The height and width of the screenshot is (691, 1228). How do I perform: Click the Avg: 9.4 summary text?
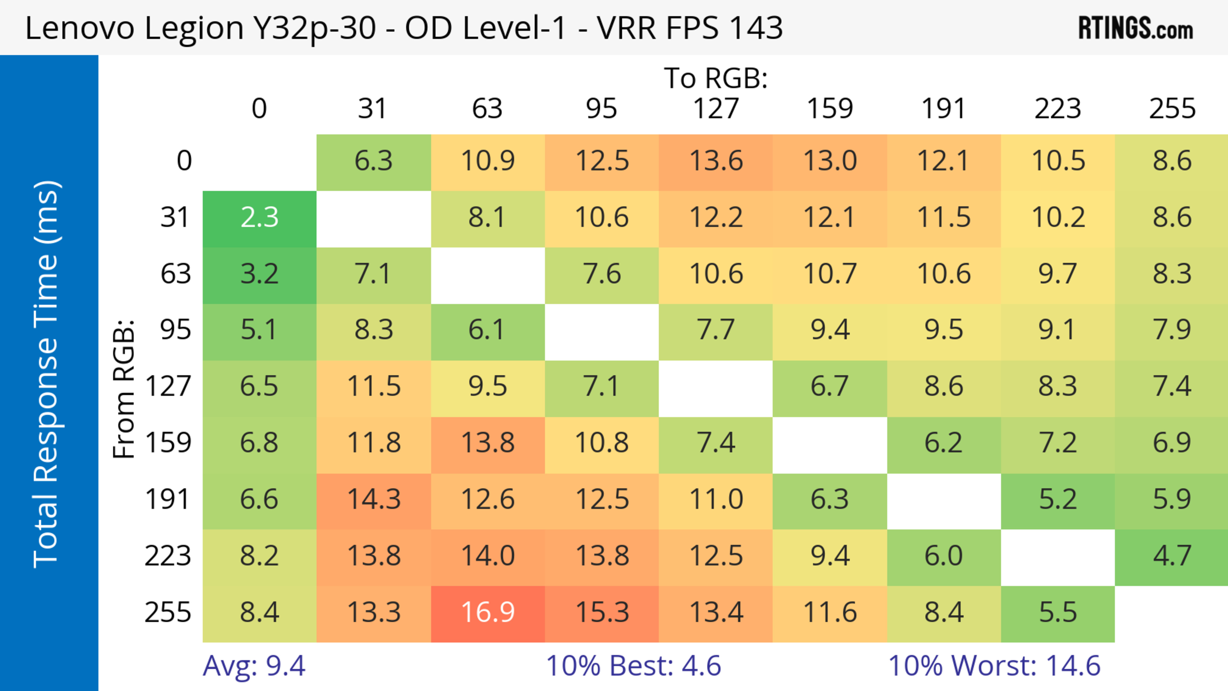(254, 666)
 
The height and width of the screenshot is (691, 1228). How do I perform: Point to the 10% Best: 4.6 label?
(633, 666)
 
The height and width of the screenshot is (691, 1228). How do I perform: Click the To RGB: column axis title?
(716, 78)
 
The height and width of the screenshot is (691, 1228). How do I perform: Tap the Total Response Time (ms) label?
(47, 374)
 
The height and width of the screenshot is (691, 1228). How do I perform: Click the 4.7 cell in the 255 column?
(1172, 556)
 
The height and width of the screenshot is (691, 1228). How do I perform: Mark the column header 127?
(716, 109)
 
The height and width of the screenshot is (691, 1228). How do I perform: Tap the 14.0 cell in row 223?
(488, 556)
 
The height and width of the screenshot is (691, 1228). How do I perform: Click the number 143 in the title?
(756, 27)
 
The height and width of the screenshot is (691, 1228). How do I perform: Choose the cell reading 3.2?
(259, 274)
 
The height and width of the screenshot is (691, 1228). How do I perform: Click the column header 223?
(1058, 109)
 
